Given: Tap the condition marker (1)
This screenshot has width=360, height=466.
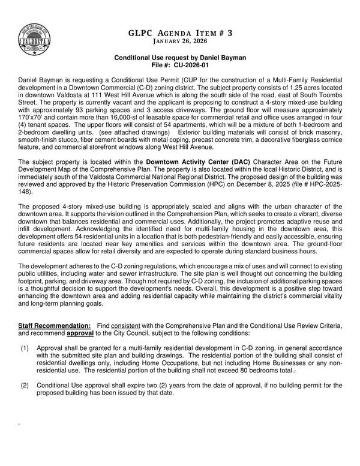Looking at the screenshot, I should pos(25,348).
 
